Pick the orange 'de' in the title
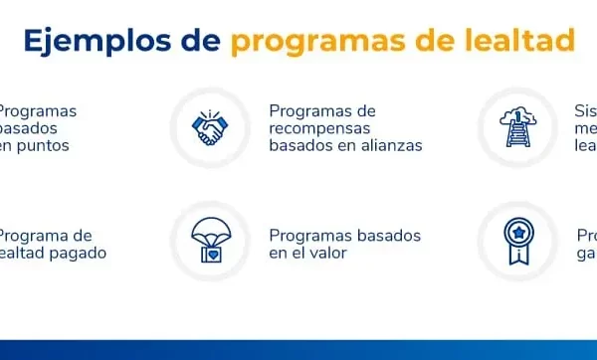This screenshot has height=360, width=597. coord(443,42)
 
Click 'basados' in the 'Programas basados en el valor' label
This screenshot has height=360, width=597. coord(392,236)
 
